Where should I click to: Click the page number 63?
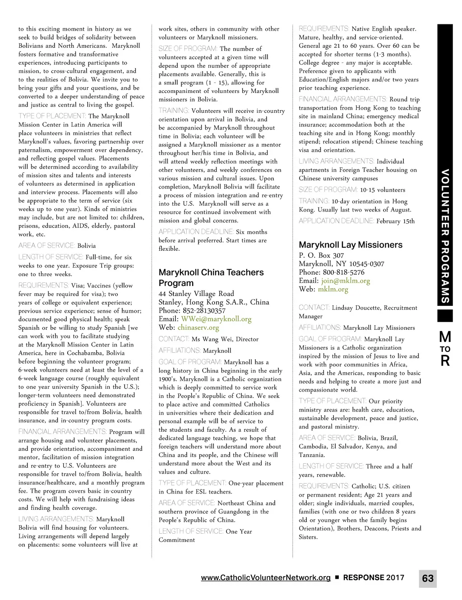(x=428, y=578)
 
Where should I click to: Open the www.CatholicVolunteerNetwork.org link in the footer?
(x=266, y=577)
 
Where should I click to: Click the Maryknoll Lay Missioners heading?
(x=351, y=245)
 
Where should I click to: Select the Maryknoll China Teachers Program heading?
(x=211, y=277)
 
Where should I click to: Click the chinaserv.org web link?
(x=198, y=328)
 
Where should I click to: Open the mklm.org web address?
(x=333, y=289)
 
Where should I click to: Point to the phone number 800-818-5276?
(x=343, y=272)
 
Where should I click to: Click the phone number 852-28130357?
(x=204, y=310)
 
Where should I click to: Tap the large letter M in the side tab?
(x=445, y=337)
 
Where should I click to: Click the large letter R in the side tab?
(x=445, y=361)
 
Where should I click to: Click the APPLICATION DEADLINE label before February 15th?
(x=336, y=221)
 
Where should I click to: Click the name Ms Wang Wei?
(x=213, y=339)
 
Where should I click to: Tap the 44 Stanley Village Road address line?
(x=196, y=294)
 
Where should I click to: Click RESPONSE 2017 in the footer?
(x=374, y=577)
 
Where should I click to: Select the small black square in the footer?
(x=337, y=578)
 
